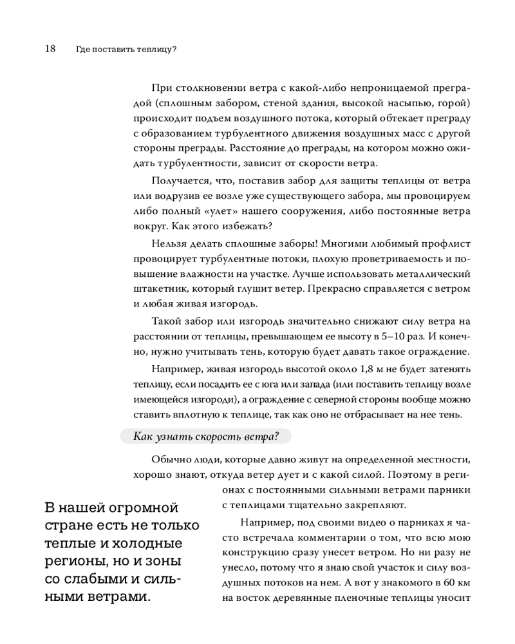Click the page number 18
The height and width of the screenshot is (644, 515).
[x=50, y=48]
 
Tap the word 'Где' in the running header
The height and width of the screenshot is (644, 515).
[x=82, y=49]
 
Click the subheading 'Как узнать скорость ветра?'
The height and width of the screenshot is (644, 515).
[x=205, y=436]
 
